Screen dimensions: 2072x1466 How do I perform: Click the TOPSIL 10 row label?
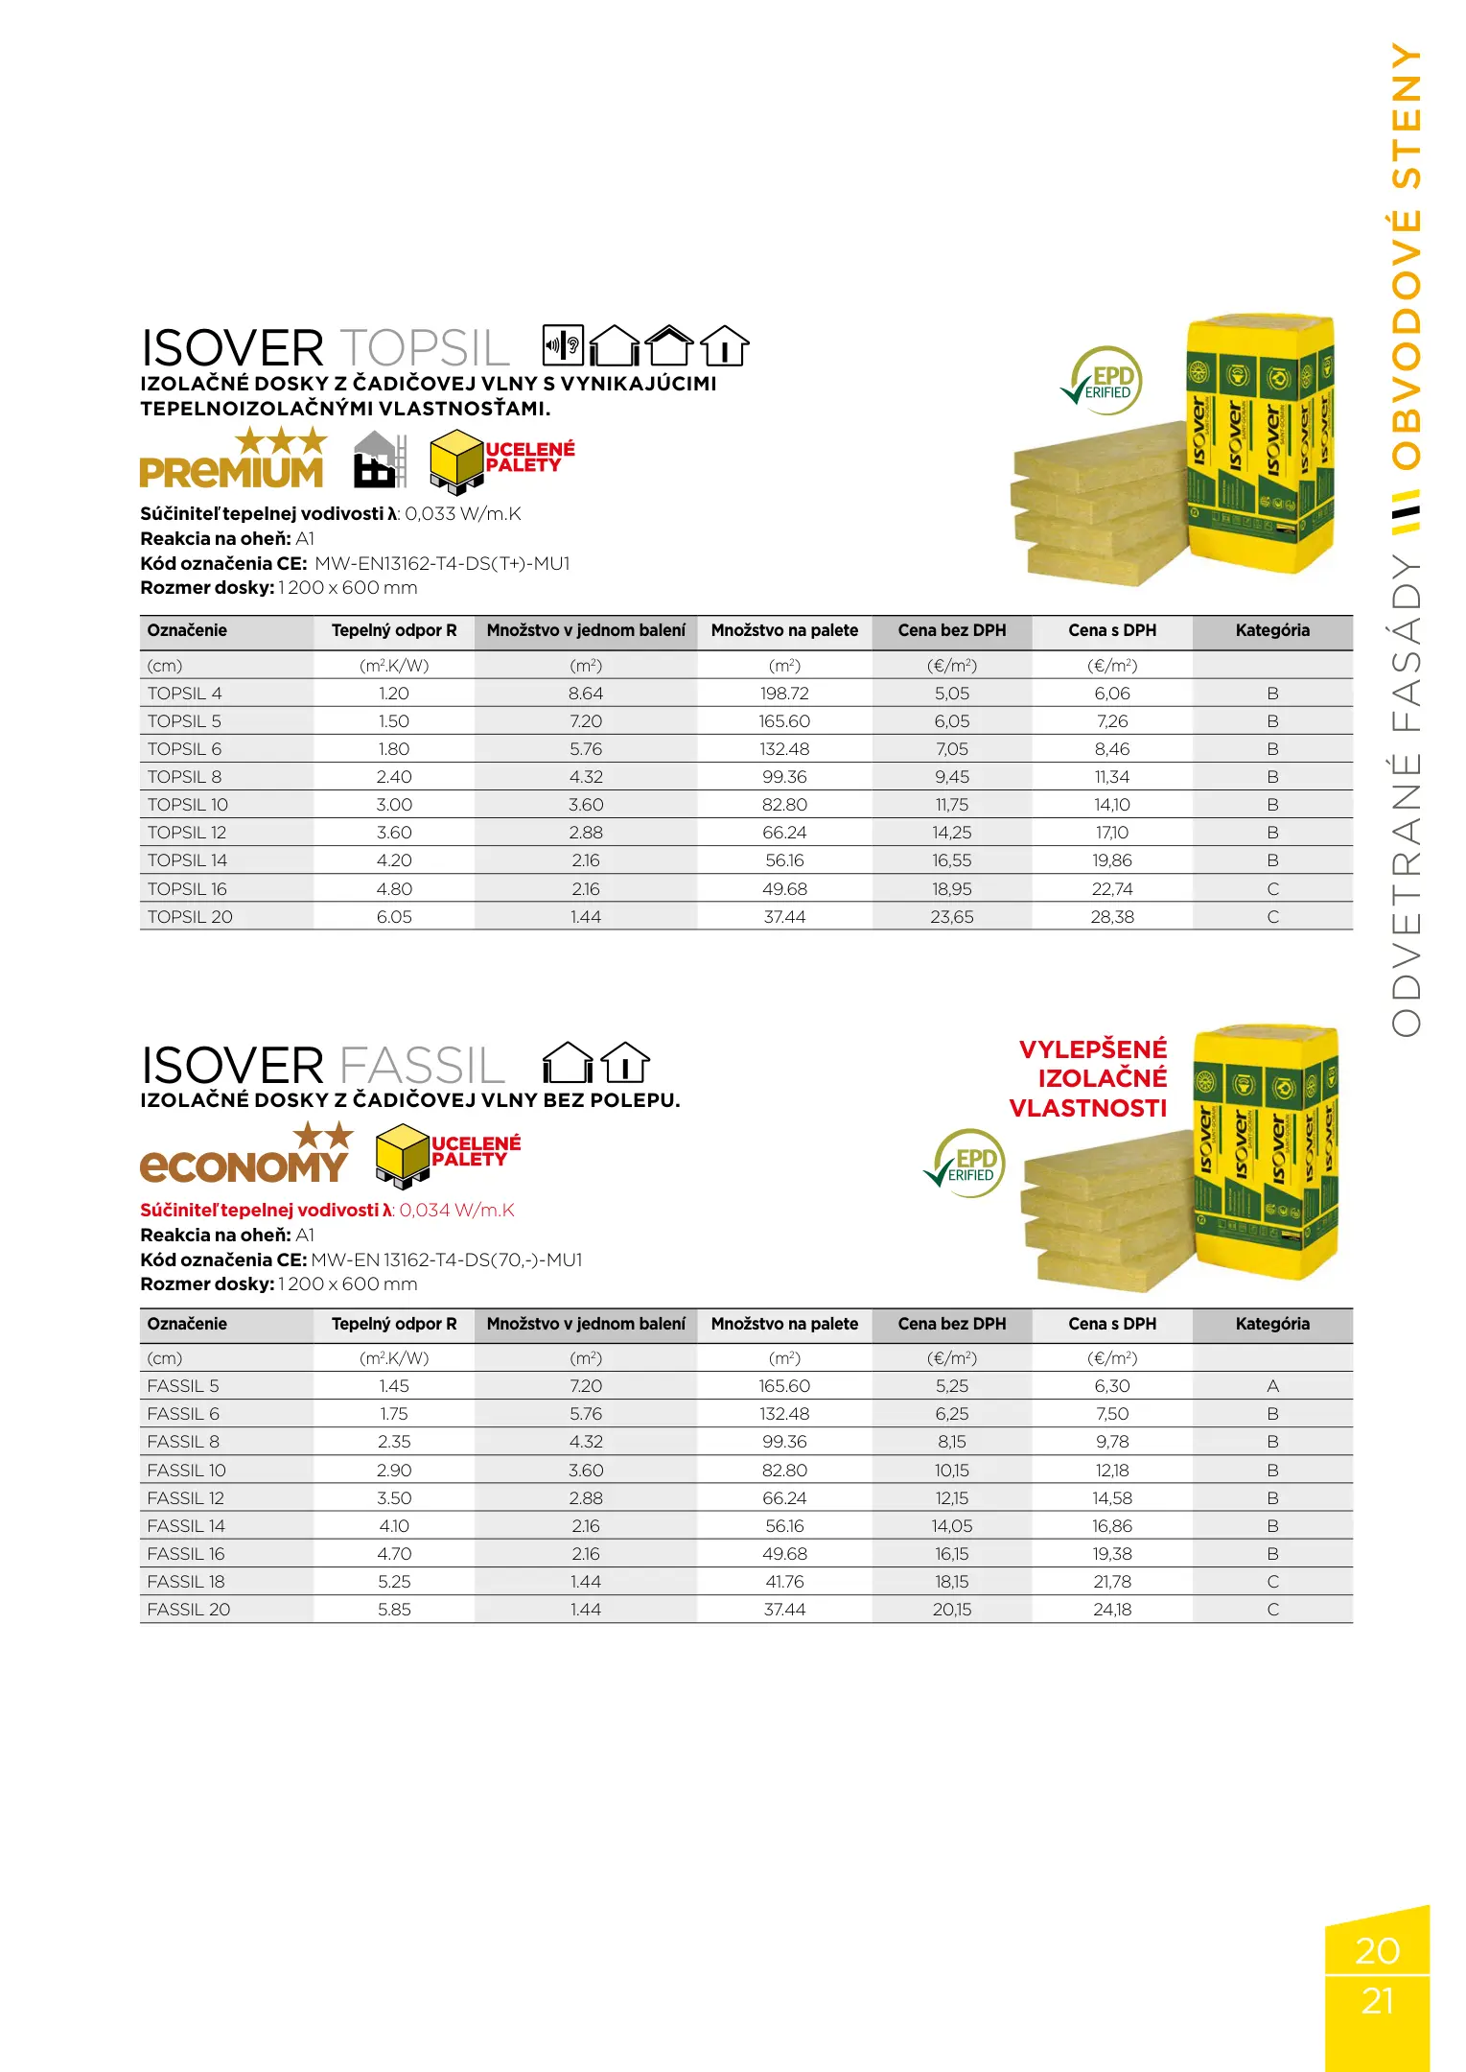click(x=188, y=805)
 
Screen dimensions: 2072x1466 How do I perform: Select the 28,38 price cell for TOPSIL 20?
click(x=1112, y=917)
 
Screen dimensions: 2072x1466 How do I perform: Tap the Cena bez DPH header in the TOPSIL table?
click(x=951, y=630)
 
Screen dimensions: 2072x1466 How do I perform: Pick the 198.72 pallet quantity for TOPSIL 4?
click(x=784, y=694)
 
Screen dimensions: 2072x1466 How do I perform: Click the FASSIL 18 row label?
click(x=186, y=1582)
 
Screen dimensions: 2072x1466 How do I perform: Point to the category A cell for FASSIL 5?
click(x=1272, y=1386)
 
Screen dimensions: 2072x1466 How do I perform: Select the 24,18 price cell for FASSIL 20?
click(x=1112, y=1610)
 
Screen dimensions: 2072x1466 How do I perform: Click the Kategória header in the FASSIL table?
click(x=1272, y=1324)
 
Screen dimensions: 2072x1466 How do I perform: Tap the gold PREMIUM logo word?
click(x=231, y=473)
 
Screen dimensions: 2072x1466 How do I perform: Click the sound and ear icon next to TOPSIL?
click(x=563, y=345)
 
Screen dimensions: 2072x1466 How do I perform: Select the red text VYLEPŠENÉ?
click(x=1093, y=1048)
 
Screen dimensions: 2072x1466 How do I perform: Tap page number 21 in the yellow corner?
click(x=1377, y=2001)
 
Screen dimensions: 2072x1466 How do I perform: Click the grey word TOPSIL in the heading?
click(x=424, y=348)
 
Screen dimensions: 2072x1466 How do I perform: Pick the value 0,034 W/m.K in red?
click(x=456, y=1211)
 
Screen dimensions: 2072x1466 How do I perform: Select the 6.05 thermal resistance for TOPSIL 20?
click(x=394, y=917)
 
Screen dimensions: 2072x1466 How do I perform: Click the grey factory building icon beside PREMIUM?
click(x=378, y=460)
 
